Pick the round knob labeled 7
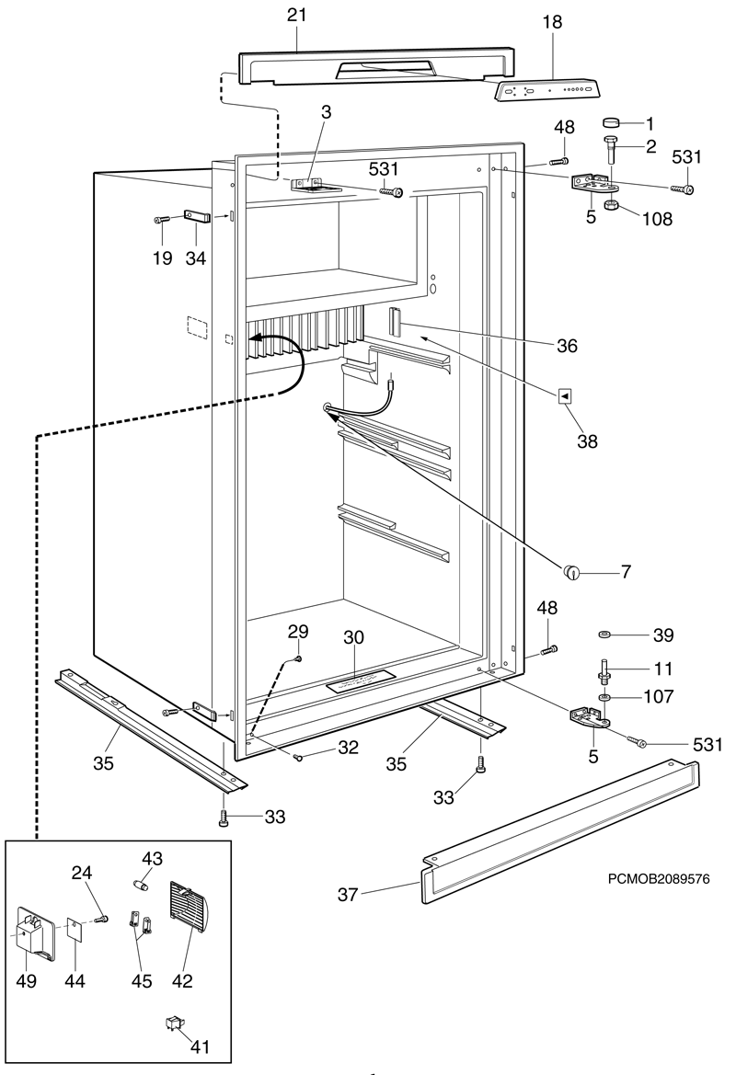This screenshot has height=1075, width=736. pos(572,572)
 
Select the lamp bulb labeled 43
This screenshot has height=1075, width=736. pos(142,884)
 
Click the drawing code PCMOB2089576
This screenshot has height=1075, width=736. pos(658,879)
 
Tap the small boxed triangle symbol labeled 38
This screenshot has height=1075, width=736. pos(566,395)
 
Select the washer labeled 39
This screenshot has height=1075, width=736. pos(604,635)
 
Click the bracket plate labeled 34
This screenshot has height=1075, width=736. pos(198,218)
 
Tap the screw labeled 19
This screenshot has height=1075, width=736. pos(162,219)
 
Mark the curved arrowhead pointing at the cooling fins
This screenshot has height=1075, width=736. pos(262,339)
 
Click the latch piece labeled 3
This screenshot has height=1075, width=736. pos(306,184)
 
